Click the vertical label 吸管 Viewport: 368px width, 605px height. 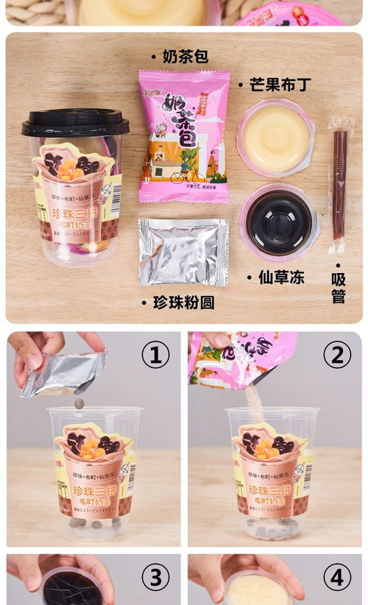[x=338, y=288]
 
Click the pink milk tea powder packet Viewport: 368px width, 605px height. [x=184, y=136]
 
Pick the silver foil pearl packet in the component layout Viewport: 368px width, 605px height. [x=183, y=252]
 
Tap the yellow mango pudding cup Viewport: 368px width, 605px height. [x=275, y=137]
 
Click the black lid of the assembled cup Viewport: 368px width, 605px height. [x=75, y=122]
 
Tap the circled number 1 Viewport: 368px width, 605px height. [x=155, y=355]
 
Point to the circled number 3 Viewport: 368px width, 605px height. [x=155, y=579]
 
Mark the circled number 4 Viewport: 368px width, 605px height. [x=337, y=579]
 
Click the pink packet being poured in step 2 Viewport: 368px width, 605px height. [x=243, y=359]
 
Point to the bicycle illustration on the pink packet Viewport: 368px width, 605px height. [x=177, y=177]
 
